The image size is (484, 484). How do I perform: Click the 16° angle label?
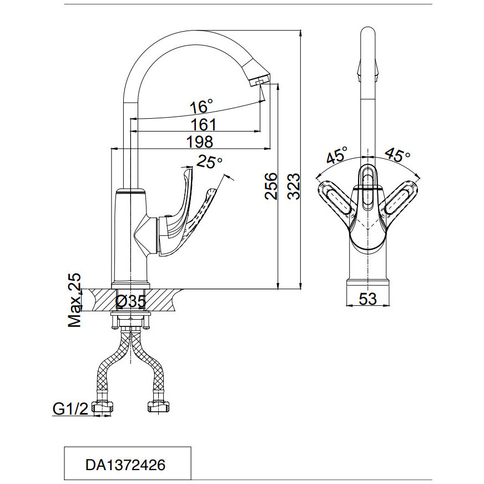201,105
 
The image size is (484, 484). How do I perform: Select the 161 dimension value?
203,124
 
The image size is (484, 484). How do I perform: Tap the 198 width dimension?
200,142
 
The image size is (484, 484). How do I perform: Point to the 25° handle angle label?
210,162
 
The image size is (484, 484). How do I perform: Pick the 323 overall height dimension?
294,186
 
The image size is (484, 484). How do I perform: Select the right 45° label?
397,155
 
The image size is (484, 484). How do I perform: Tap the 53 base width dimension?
367,299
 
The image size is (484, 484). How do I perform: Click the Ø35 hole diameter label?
131,301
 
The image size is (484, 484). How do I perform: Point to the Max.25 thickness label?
74,300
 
